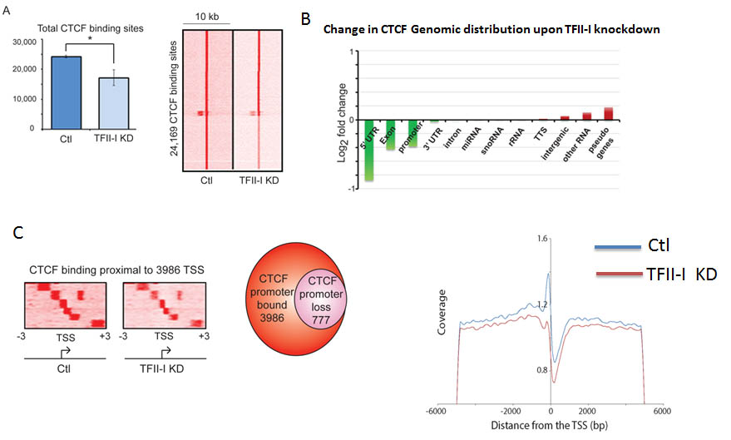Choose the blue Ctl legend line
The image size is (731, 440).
pyautogui.click(x=620, y=245)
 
